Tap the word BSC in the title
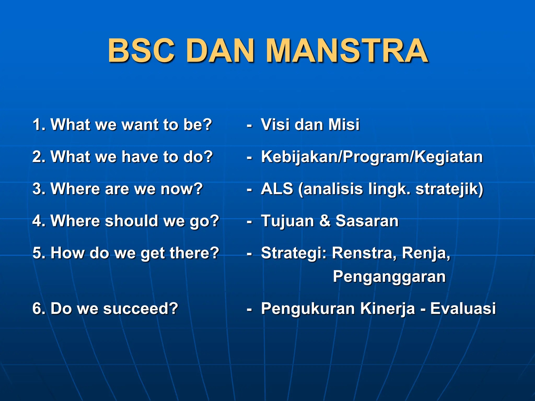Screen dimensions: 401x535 [141, 51]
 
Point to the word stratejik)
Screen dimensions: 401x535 [449, 189]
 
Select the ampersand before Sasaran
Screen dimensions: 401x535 [325, 221]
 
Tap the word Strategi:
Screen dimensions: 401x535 [294, 253]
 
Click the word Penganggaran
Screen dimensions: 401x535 [389, 277]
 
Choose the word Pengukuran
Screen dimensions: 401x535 [308, 309]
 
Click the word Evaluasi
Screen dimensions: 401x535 [463, 309]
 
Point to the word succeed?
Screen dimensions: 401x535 [141, 309]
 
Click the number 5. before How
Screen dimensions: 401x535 [39, 253]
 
